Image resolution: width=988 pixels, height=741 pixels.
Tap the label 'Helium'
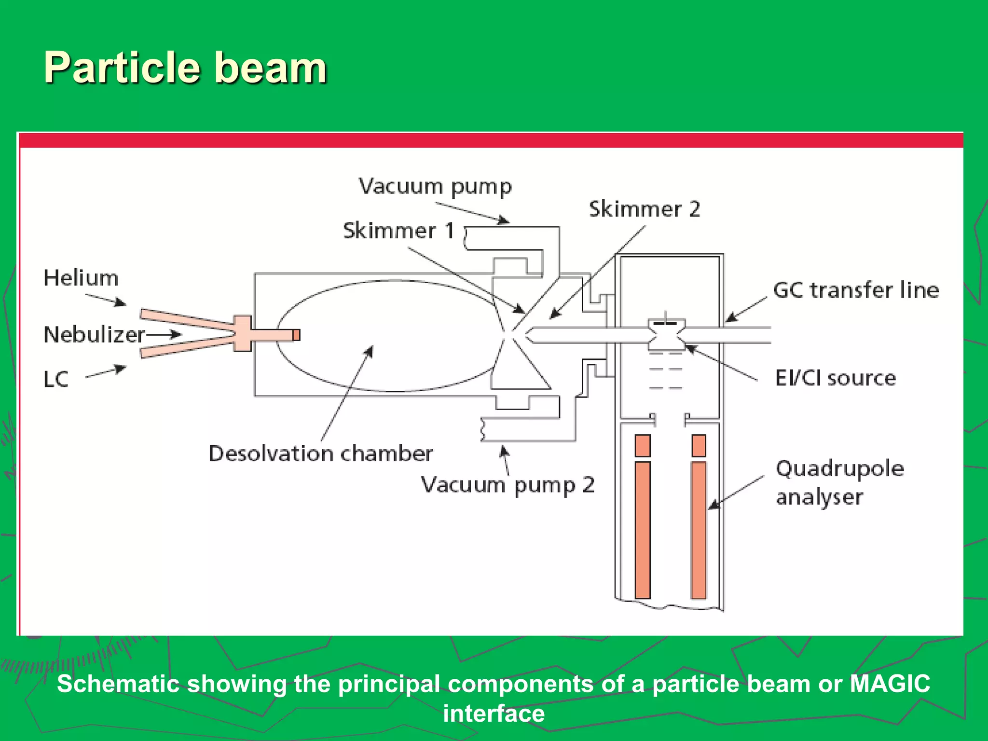click(x=81, y=278)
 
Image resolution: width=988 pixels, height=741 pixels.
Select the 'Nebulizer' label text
click(x=94, y=334)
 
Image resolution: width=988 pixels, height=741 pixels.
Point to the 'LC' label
click(x=56, y=379)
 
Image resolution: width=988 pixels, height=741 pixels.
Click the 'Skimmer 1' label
click(x=398, y=231)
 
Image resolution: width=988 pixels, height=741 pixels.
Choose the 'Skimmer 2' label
click(x=645, y=209)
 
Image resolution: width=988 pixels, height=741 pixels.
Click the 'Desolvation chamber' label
click(x=321, y=453)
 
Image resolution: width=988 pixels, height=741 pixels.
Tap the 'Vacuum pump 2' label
click(x=508, y=485)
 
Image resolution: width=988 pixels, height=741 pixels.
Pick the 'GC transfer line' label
click(x=856, y=290)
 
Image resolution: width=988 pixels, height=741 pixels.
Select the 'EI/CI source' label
click(x=836, y=378)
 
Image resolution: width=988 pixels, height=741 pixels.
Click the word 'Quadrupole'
click(x=840, y=468)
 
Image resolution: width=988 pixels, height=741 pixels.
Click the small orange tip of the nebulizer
click(x=296, y=335)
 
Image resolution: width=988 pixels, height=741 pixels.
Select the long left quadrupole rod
click(x=643, y=530)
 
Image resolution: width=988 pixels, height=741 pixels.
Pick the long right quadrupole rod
click(x=699, y=530)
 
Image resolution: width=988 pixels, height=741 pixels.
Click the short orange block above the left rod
click(x=643, y=445)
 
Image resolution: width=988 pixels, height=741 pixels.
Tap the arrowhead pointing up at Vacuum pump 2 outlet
click(x=504, y=452)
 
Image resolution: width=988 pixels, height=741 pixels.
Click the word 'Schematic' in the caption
click(x=118, y=684)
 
